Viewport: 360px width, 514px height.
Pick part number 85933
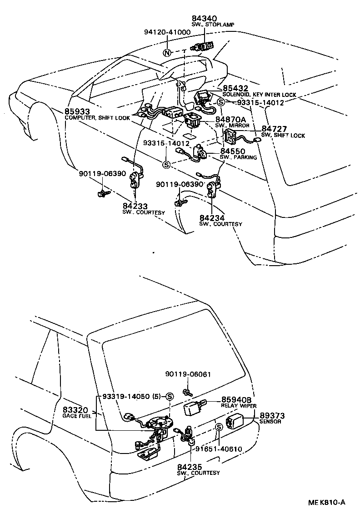pyautogui.click(x=77, y=111)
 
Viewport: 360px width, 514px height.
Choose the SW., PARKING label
pyautogui.click(x=238, y=157)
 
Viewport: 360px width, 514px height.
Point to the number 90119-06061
pyautogui.click(x=188, y=374)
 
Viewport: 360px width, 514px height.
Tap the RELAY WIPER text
pyautogui.click(x=239, y=405)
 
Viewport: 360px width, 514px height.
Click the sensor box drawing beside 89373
pyautogui.click(x=235, y=422)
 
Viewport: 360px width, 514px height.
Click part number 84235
pyautogui.click(x=190, y=467)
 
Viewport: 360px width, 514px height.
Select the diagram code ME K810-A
pyautogui.click(x=326, y=502)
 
